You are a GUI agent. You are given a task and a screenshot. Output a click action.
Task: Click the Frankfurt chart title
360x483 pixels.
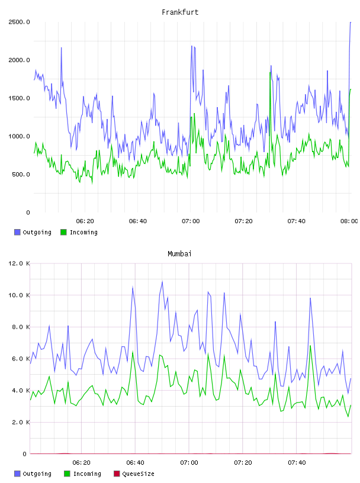(x=180, y=12)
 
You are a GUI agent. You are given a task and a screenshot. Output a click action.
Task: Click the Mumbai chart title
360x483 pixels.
(x=179, y=254)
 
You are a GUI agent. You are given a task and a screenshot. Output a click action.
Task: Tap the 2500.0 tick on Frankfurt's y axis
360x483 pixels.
(x=19, y=22)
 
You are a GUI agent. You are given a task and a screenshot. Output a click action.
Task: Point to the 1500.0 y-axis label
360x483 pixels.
(x=19, y=98)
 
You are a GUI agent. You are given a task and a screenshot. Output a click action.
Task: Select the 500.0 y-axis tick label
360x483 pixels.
(x=21, y=175)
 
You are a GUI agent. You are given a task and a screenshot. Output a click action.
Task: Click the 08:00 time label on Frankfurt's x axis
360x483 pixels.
(x=349, y=221)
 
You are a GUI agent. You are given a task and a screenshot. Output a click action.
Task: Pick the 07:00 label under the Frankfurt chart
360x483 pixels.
(x=191, y=221)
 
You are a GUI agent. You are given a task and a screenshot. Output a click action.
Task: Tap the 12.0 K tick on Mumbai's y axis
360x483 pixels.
(x=19, y=263)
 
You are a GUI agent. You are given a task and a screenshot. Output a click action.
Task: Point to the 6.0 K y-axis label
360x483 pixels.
(x=21, y=359)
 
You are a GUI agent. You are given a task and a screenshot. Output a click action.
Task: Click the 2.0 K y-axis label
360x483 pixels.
(x=21, y=422)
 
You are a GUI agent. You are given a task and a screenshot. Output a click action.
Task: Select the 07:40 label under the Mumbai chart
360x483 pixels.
(x=297, y=463)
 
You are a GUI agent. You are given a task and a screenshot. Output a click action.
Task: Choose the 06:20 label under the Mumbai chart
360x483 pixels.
(x=81, y=463)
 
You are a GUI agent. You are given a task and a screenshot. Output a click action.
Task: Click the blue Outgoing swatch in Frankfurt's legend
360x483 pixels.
(x=17, y=232)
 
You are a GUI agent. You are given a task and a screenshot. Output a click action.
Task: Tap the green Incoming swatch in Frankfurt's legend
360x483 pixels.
(x=63, y=232)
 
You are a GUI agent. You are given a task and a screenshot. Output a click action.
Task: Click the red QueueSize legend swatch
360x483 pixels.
(x=117, y=474)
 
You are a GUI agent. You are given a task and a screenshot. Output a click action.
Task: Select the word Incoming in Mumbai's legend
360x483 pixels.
(x=87, y=474)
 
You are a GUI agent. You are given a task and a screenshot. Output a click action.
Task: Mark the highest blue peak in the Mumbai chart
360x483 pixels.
(x=162, y=281)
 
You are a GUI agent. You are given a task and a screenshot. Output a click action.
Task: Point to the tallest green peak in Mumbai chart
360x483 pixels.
(x=310, y=346)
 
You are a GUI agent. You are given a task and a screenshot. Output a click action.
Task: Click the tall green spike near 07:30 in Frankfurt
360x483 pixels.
(x=270, y=73)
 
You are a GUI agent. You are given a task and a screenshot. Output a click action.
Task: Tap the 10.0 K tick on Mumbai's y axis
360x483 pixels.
(x=19, y=295)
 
